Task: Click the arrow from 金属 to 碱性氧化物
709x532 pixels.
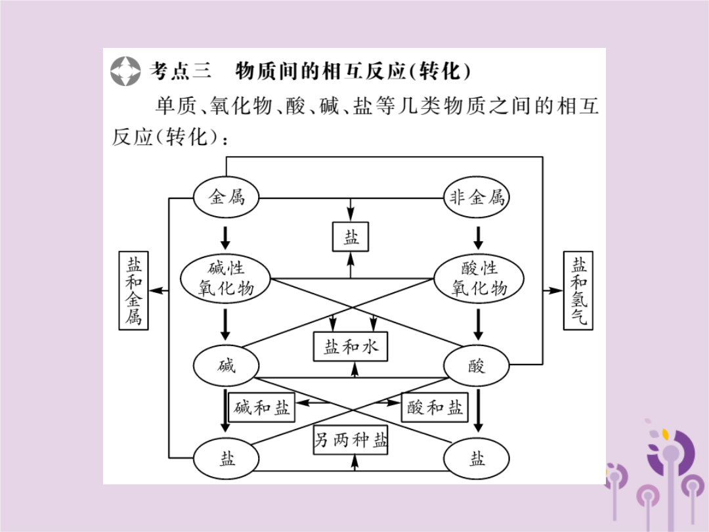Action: click(x=225, y=236)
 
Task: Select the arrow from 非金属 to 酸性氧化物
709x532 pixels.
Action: click(x=479, y=236)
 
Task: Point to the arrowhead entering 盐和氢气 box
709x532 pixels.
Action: click(x=557, y=290)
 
